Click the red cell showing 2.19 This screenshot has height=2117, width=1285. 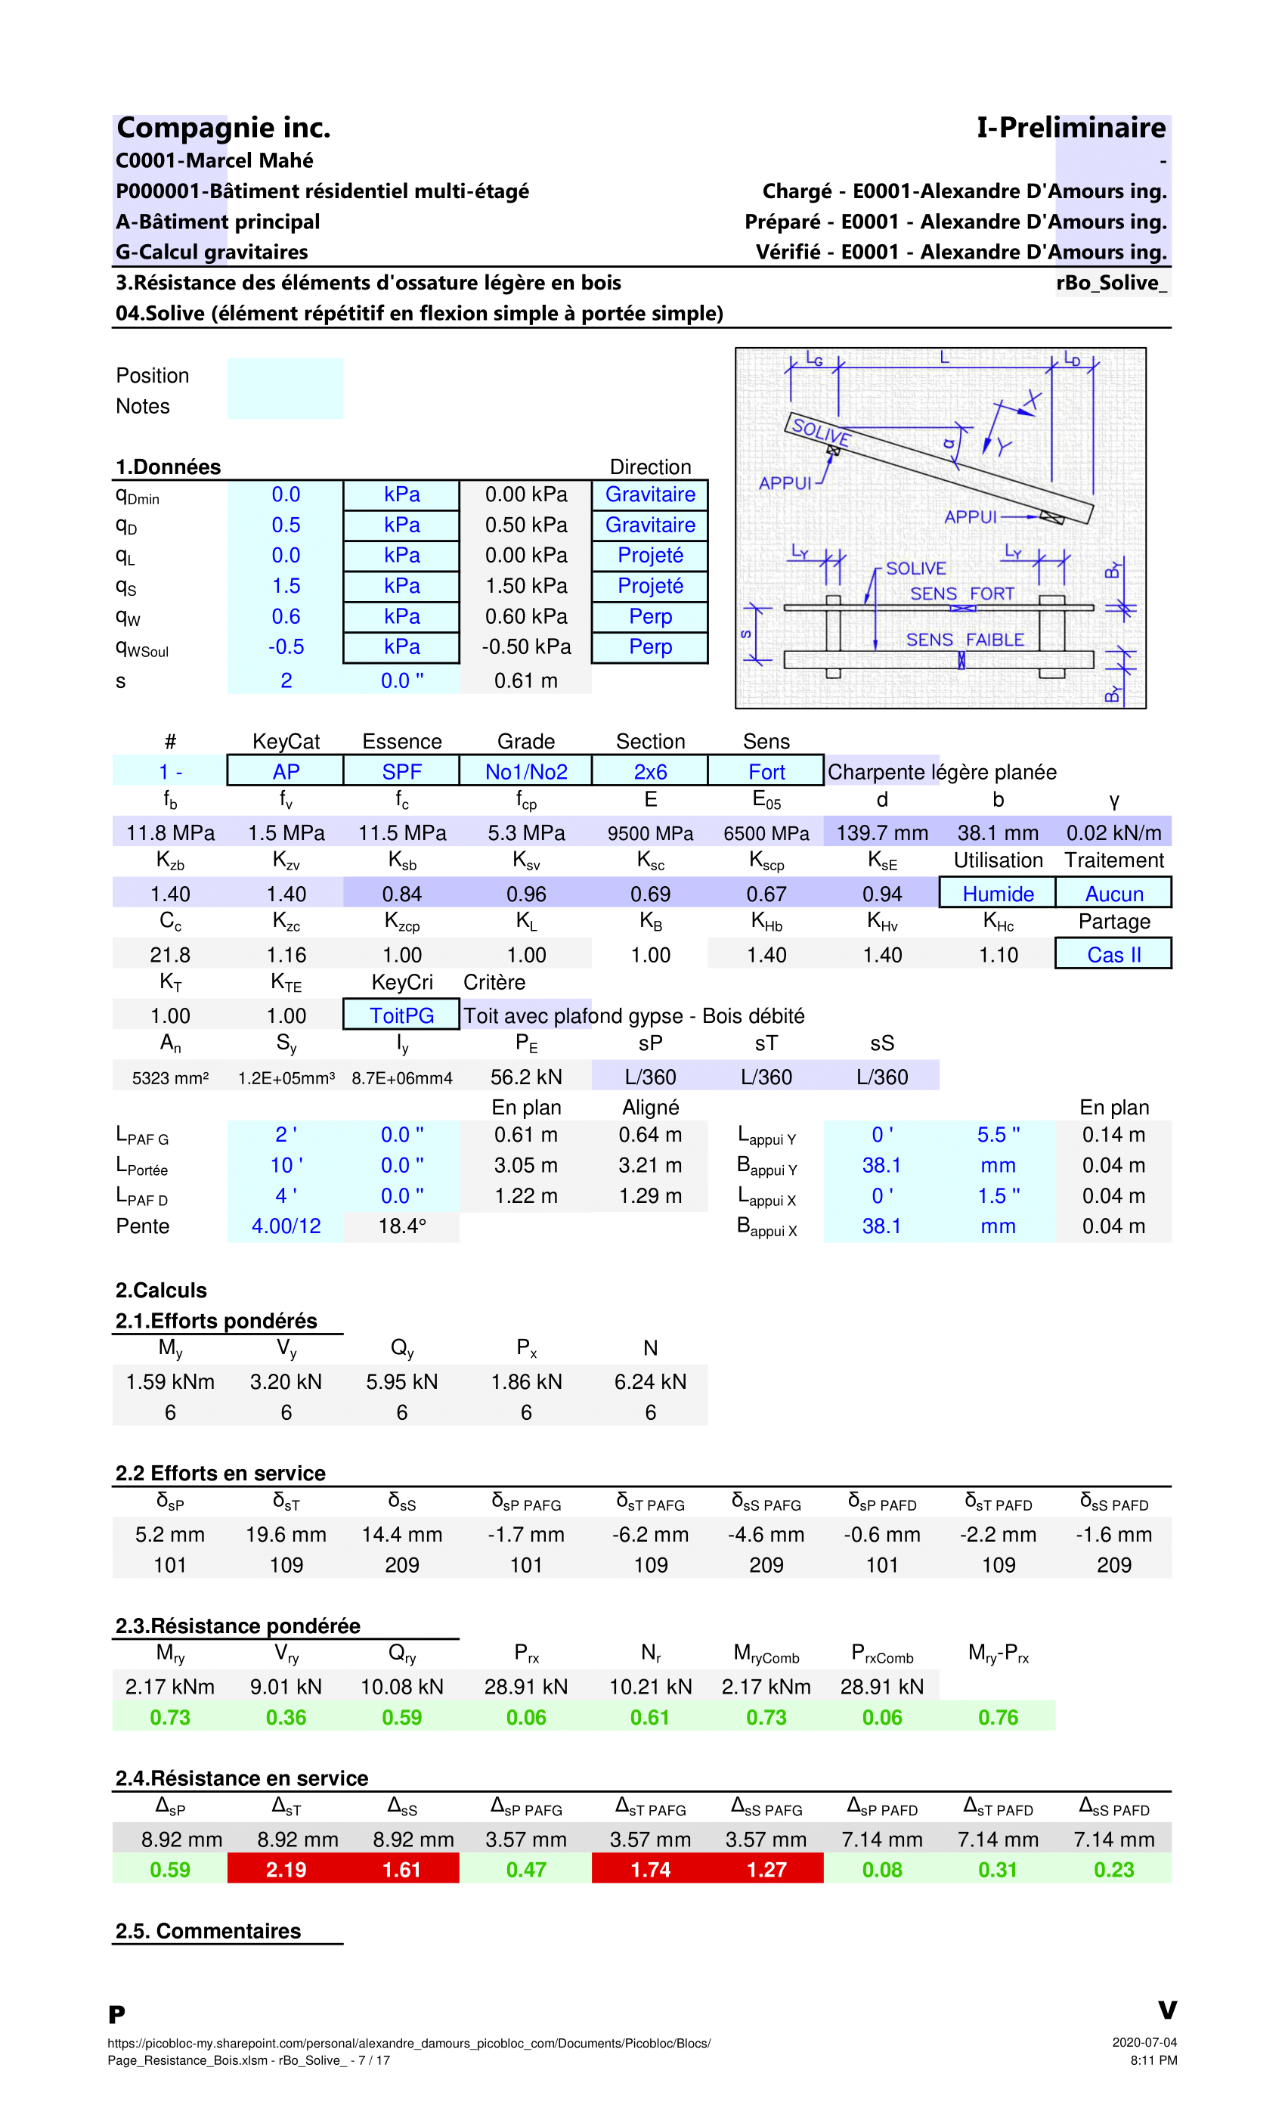point(285,1870)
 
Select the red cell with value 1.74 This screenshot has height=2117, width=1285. point(650,1870)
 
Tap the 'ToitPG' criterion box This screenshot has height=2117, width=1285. point(401,1015)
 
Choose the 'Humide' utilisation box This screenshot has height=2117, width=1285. point(997,894)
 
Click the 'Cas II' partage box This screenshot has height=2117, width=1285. point(1113,954)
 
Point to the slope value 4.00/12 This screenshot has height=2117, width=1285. point(285,1226)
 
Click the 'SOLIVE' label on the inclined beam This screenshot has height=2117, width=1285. point(820,430)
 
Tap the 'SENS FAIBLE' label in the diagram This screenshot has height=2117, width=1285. point(965,640)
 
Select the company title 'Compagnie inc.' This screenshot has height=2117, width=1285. point(223,128)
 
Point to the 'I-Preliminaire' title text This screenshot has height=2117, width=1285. point(1071,128)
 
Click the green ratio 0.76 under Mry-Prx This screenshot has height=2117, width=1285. point(997,1718)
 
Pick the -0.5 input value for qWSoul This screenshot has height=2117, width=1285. point(285,647)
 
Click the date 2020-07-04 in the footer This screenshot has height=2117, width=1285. point(1144,2042)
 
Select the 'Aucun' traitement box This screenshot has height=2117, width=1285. point(1113,894)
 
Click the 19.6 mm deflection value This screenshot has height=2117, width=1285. point(285,1535)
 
